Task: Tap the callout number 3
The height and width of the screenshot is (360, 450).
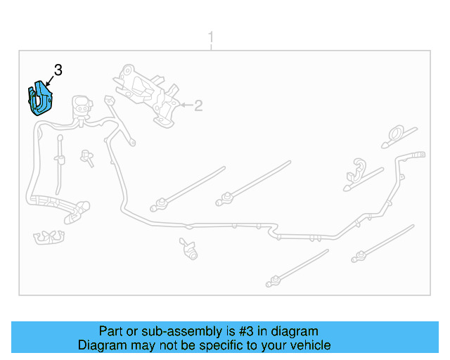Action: pyautogui.click(x=58, y=70)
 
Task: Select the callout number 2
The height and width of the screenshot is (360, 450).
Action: pyautogui.click(x=198, y=105)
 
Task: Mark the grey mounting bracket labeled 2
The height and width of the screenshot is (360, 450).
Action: pyautogui.click(x=150, y=95)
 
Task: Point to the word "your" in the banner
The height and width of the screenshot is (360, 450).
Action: pyautogui.click(x=271, y=345)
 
